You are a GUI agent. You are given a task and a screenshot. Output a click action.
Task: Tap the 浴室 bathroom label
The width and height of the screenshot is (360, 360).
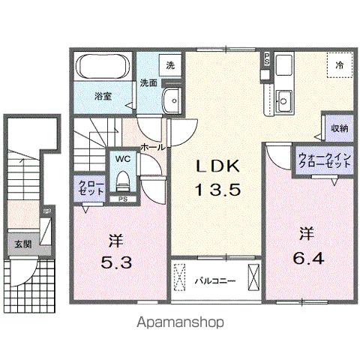coord(103,96)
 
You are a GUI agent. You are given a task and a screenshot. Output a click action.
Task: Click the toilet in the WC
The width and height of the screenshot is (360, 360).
coord(123,181)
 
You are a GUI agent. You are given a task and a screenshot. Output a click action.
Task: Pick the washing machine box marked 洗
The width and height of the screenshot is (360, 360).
coord(169,65)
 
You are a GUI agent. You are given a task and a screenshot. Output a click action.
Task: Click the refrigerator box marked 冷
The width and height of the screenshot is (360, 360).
coord(339,66)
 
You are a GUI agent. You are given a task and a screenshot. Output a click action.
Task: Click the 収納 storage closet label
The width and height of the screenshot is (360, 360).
coord(339,128)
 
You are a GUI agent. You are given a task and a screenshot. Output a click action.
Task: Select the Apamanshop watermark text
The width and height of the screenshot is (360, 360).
coord(180,324)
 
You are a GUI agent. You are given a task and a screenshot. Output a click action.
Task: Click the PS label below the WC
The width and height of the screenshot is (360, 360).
coord(122,199)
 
